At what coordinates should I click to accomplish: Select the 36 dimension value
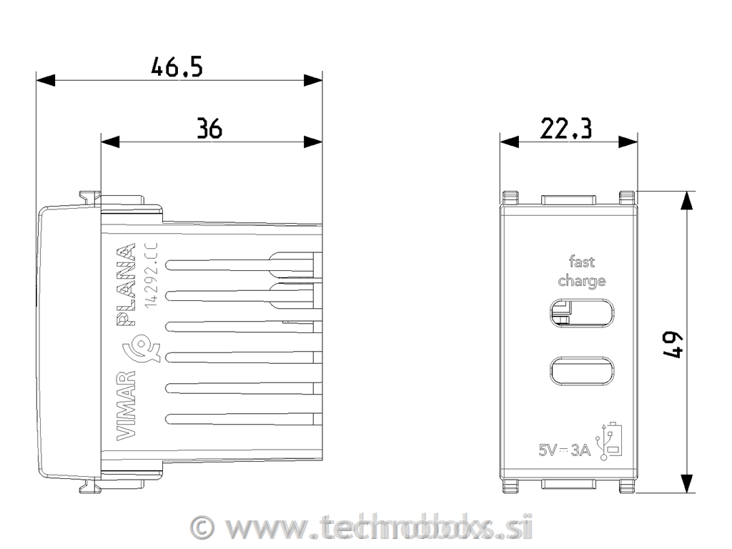209,129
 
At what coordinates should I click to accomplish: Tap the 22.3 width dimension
565,129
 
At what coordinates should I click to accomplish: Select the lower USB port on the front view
581,370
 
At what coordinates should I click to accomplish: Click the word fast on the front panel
581,262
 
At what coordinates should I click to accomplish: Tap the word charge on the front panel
581,280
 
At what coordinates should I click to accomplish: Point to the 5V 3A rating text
565,450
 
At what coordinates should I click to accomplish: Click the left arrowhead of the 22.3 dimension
508,142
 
